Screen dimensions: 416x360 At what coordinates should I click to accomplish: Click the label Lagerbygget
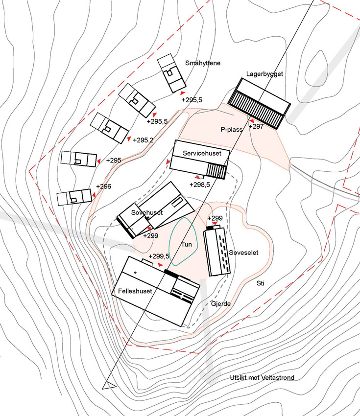(265, 74)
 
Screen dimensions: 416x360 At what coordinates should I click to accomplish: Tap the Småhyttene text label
(203, 63)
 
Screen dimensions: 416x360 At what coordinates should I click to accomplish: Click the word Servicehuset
(199, 153)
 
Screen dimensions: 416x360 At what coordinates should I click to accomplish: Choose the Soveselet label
(243, 253)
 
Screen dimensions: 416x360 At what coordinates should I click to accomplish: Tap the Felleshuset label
(135, 291)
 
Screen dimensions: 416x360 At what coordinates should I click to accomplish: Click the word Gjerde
(220, 303)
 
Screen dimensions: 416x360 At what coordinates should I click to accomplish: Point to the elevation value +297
(256, 126)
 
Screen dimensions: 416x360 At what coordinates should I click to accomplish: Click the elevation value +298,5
(199, 185)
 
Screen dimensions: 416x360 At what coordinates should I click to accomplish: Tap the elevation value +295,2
(143, 140)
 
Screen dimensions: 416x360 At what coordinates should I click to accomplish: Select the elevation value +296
(103, 186)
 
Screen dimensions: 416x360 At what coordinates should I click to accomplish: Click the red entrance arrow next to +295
(98, 161)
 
